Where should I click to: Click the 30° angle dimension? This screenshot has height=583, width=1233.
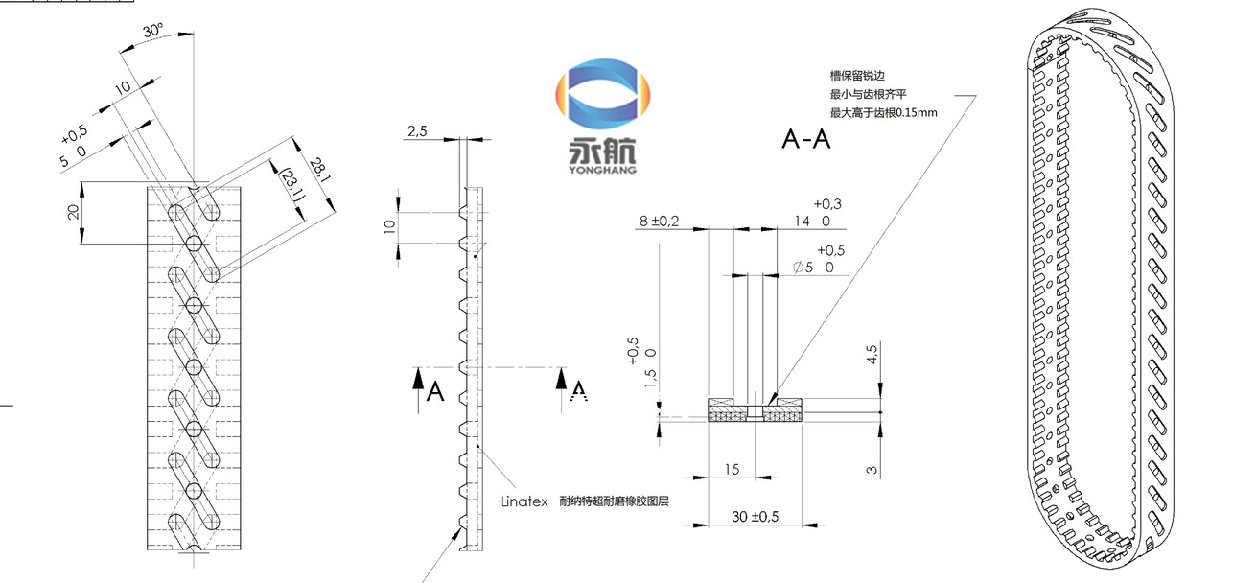tap(151, 31)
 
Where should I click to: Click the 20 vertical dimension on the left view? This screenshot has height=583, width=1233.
tap(73, 213)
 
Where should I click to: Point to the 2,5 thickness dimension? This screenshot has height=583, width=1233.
tap(417, 131)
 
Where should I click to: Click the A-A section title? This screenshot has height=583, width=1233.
tap(805, 140)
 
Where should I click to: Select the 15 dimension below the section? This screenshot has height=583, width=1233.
tap(732, 470)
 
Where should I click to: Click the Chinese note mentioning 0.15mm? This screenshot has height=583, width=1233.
tap(883, 112)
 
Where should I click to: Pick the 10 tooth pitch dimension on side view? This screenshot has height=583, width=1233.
tap(388, 227)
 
